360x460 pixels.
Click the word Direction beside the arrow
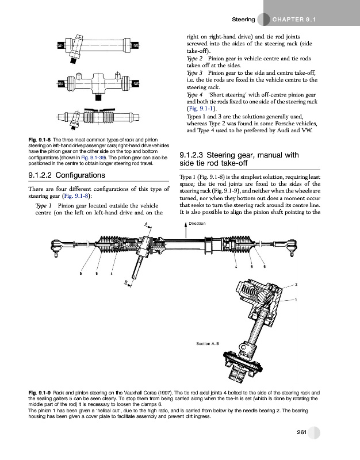[197, 223]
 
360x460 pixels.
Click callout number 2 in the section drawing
[296, 284]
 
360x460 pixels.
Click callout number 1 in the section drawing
[296, 300]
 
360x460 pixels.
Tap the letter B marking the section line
[125, 281]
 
